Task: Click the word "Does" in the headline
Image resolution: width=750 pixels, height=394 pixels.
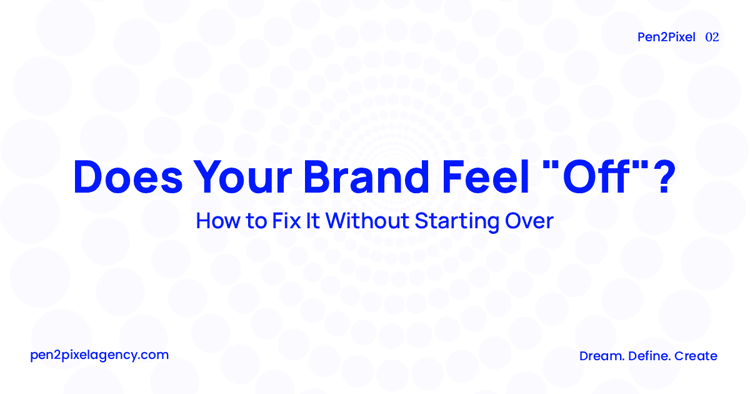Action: [x=128, y=177]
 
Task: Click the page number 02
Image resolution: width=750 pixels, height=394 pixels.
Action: [x=712, y=37]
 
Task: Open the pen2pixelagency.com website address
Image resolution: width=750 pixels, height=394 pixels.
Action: [x=99, y=355]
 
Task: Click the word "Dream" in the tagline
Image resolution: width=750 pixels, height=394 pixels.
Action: [x=599, y=356]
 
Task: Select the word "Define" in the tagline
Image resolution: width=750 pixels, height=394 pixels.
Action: [x=647, y=356]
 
